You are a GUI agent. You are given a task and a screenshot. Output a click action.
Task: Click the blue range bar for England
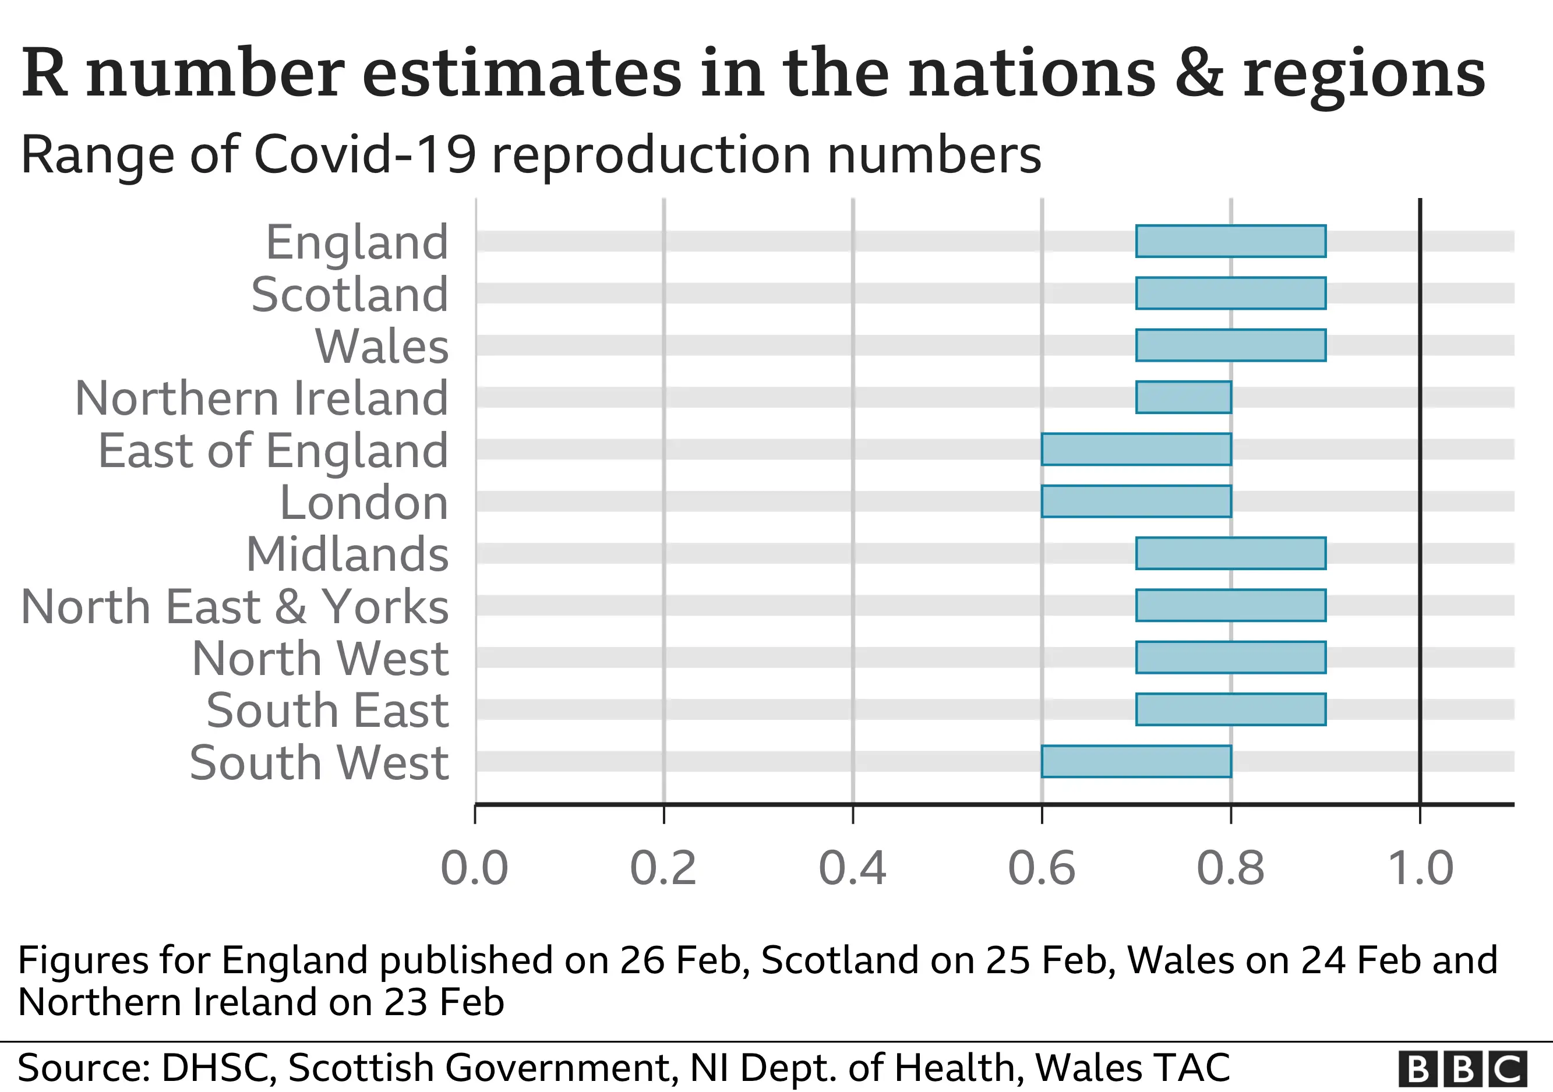point(1230,241)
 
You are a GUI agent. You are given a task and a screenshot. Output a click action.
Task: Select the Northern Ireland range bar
point(1183,398)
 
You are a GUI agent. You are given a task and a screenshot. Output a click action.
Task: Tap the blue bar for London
point(1136,501)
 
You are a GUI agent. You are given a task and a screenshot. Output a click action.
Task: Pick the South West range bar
point(1136,761)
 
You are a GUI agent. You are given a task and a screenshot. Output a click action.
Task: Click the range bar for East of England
point(1136,450)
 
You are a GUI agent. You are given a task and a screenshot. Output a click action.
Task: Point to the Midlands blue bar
point(1230,554)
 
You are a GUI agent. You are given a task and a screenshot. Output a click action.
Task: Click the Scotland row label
point(350,295)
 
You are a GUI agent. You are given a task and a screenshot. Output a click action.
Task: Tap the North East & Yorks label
point(235,606)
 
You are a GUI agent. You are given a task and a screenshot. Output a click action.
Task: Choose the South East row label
point(327,711)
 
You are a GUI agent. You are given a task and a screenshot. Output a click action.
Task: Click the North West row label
point(320,659)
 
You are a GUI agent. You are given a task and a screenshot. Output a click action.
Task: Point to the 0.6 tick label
point(1041,869)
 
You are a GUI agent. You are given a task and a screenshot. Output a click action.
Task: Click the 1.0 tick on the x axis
point(1420,869)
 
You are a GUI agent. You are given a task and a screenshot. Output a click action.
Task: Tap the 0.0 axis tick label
point(474,869)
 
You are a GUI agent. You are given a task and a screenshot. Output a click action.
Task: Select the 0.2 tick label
point(663,869)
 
